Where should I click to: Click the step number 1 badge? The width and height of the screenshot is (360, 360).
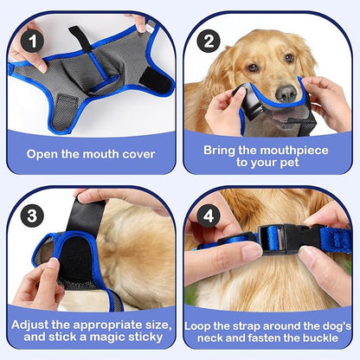[x=33, y=40]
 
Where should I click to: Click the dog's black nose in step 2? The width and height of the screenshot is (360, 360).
[x=286, y=93]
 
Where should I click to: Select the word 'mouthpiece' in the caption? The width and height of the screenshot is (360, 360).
[x=274, y=149]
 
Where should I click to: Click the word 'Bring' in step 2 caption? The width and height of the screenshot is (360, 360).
[x=224, y=149]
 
